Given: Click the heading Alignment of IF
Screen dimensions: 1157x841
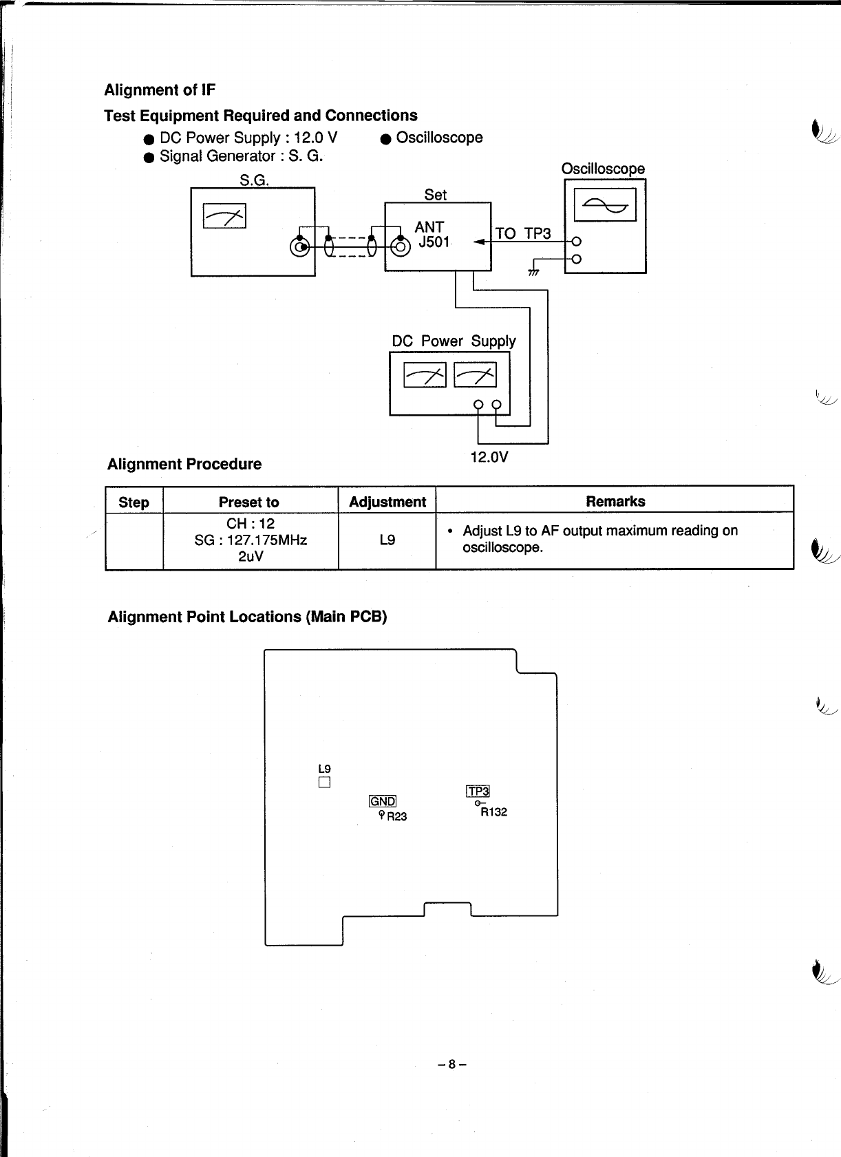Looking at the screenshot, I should pyautogui.click(x=160, y=90).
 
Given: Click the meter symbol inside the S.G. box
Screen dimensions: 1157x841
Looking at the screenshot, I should pyautogui.click(x=224, y=216).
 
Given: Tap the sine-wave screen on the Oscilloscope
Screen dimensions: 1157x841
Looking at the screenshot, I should pyautogui.click(x=605, y=204).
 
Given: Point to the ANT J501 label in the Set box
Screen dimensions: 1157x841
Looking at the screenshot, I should pyautogui.click(x=432, y=235).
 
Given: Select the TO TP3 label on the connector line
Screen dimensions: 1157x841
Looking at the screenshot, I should pyautogui.click(x=523, y=233).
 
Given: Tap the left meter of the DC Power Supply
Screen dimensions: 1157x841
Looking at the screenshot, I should pyautogui.click(x=425, y=375).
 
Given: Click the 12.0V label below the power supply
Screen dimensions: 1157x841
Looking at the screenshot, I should pyautogui.click(x=489, y=457).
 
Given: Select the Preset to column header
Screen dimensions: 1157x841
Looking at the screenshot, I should pyautogui.click(x=249, y=502).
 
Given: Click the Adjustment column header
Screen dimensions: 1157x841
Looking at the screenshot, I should pyautogui.click(x=387, y=502).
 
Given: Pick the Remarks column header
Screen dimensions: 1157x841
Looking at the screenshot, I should pyautogui.click(x=615, y=501).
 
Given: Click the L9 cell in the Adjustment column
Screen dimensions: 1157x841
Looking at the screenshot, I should pyautogui.click(x=387, y=540).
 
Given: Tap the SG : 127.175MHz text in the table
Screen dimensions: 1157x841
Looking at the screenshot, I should pyautogui.click(x=251, y=540).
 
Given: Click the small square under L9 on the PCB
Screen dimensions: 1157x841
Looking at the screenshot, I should pyautogui.click(x=325, y=783).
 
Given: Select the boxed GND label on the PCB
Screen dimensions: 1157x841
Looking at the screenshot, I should pyautogui.click(x=383, y=801).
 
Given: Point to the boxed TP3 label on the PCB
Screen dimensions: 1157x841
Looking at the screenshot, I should pyautogui.click(x=478, y=792).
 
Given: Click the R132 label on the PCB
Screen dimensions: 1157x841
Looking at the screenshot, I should pyautogui.click(x=493, y=812).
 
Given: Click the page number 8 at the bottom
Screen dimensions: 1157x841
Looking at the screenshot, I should pyautogui.click(x=451, y=1064).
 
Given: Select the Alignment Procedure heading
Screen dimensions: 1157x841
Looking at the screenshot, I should pyautogui.click(x=184, y=464).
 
